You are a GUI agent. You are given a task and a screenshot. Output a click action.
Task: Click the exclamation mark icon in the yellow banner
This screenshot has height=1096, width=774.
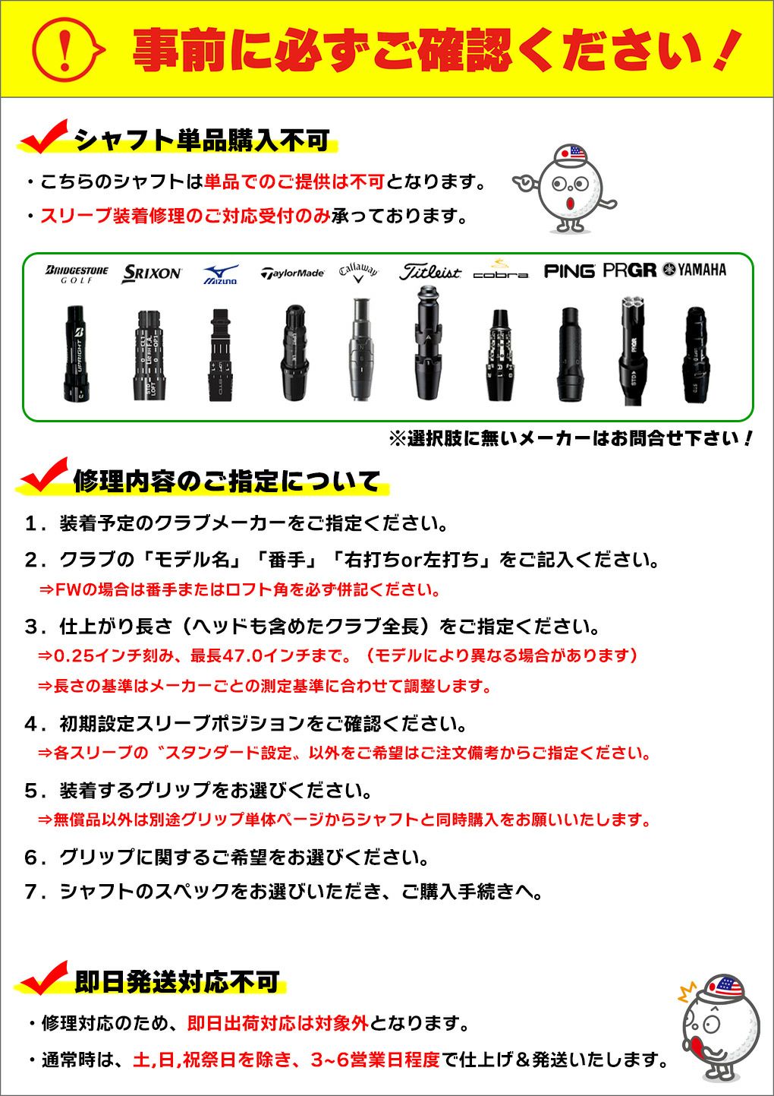66,49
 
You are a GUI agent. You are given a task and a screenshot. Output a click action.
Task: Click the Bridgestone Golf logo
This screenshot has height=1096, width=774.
77,273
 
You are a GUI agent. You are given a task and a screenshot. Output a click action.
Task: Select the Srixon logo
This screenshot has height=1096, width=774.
152,273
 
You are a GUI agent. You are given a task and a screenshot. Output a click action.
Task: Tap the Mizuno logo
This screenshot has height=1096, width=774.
221,274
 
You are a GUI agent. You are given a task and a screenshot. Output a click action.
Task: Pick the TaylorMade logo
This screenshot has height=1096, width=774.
292,273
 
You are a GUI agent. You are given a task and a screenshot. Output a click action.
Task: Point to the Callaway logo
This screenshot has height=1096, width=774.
358,272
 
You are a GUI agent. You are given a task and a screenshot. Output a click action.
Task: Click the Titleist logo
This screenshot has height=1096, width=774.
429,271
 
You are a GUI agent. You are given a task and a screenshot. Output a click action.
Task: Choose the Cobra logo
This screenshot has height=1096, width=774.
500,270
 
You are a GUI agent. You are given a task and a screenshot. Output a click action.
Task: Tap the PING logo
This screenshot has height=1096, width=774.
569,270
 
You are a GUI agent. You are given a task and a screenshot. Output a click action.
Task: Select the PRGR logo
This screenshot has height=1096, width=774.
629,270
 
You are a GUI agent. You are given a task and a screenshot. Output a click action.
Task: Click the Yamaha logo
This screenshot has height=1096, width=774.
694,270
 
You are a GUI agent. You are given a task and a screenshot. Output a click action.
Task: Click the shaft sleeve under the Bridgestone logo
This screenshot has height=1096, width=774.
77,353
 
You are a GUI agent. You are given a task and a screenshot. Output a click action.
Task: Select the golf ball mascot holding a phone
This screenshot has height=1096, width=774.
717,1027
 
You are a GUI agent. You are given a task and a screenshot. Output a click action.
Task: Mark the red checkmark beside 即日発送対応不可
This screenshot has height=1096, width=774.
45,978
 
